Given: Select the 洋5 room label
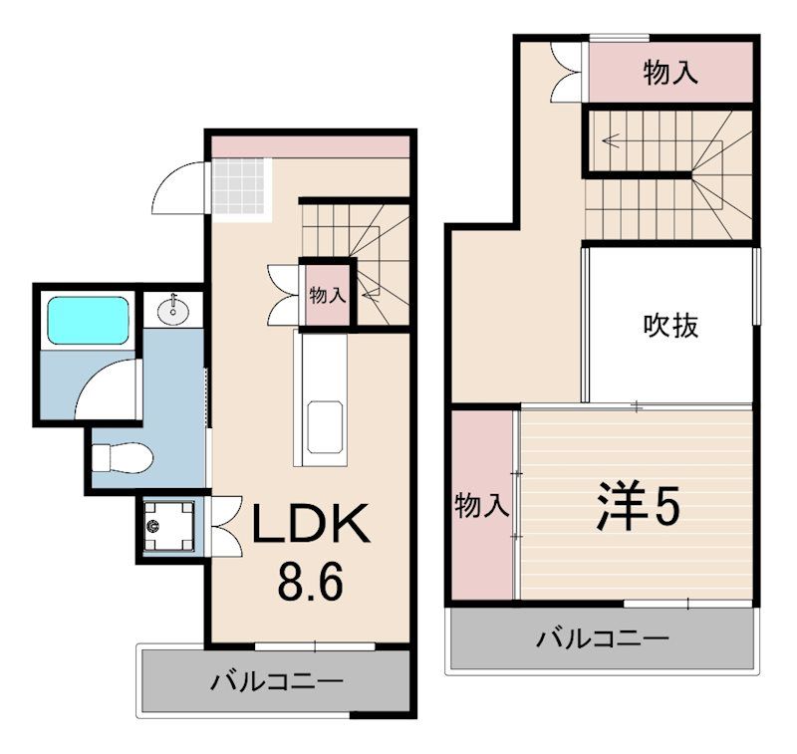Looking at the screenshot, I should [639, 507].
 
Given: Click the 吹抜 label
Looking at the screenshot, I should [670, 325].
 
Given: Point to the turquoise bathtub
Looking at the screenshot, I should [88, 321].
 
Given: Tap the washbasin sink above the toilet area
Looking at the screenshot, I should [173, 309].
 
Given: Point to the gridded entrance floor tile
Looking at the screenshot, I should [241, 186].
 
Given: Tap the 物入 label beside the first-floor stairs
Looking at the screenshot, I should [327, 295].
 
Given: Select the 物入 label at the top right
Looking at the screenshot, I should [669, 73].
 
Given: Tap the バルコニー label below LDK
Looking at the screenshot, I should [276, 682].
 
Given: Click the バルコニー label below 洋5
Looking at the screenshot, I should [603, 637].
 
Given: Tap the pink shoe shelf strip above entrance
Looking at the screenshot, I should [310, 145].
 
